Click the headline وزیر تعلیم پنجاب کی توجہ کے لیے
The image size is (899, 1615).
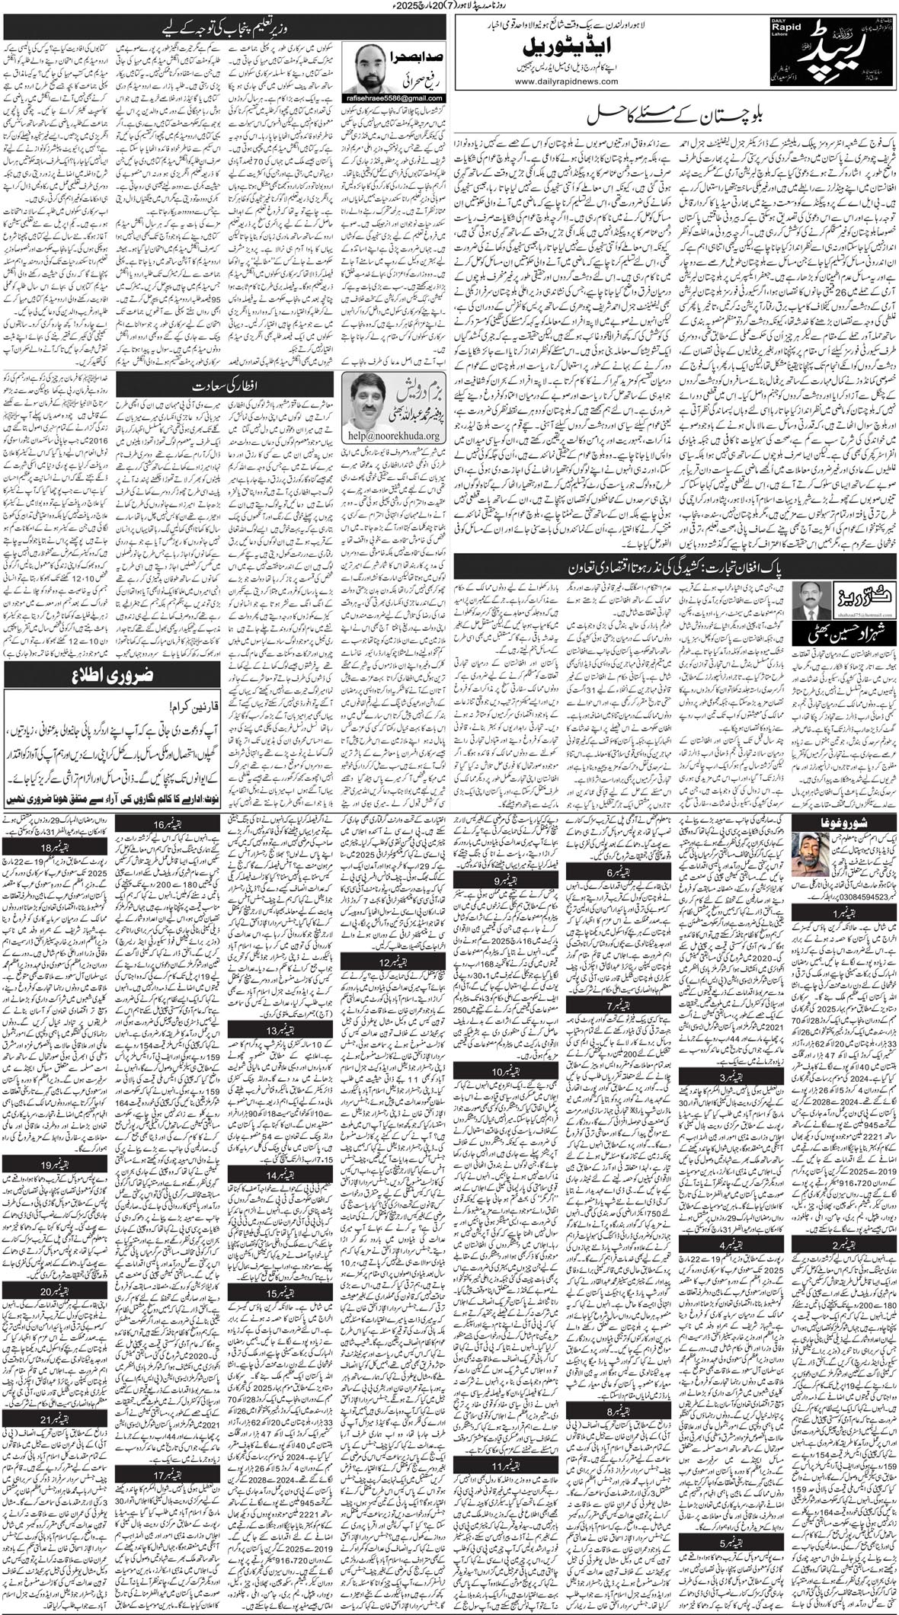click(x=225, y=31)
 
